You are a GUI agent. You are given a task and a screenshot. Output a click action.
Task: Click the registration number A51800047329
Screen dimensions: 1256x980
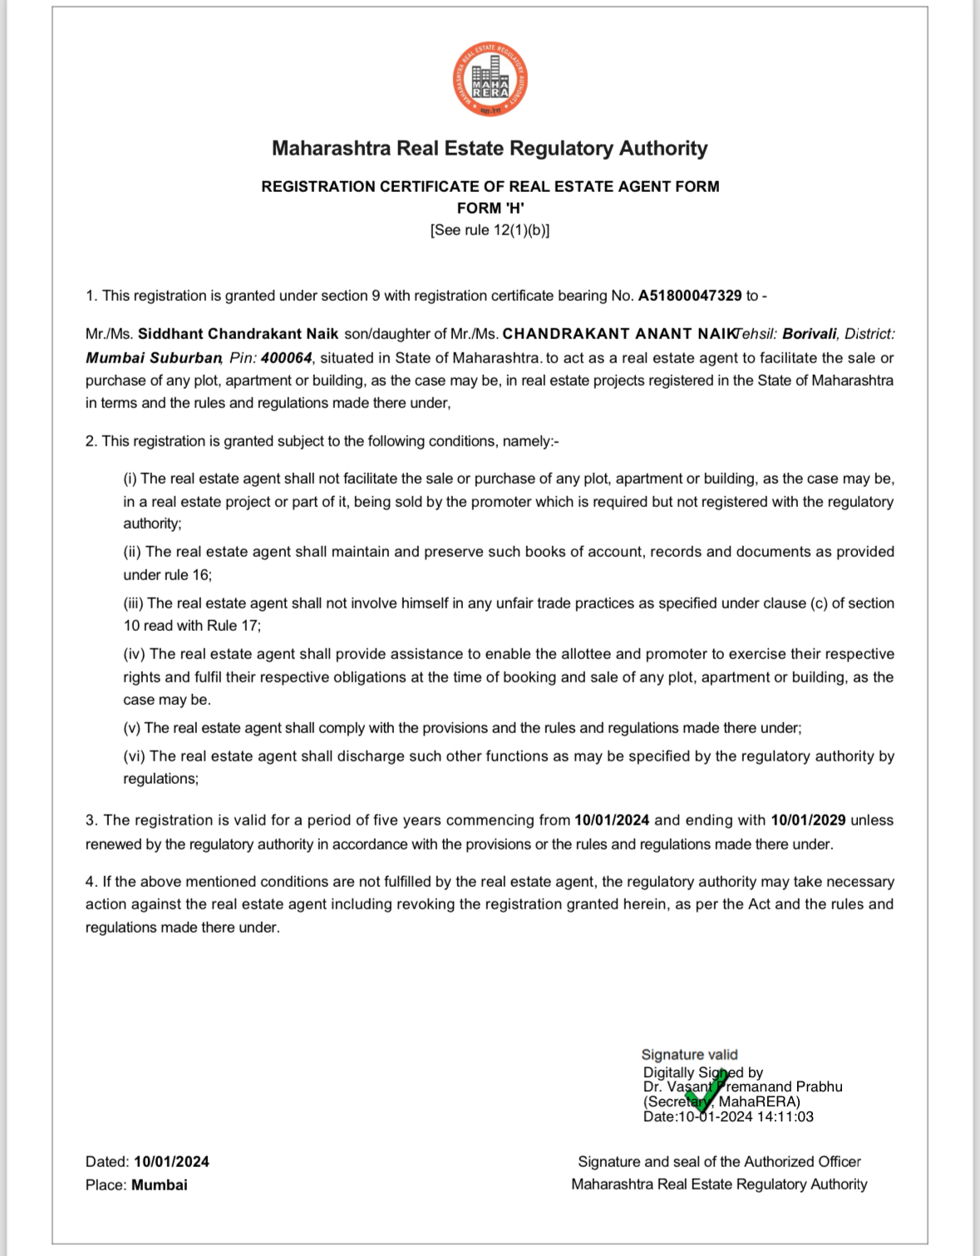point(689,296)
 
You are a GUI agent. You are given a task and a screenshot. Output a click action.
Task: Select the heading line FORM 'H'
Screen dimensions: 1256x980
point(490,208)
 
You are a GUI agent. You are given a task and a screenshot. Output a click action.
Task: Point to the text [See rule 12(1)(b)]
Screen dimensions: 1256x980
point(490,230)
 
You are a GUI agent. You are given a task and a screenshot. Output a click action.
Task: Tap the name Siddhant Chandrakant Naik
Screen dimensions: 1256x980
point(238,334)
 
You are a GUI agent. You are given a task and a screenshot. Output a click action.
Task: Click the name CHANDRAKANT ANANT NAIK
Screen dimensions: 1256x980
point(619,334)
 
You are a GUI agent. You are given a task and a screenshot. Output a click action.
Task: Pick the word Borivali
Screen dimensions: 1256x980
point(809,334)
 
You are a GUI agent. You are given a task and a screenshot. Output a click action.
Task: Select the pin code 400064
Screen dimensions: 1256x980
point(286,358)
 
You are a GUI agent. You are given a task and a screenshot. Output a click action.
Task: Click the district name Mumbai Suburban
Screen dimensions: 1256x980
point(153,358)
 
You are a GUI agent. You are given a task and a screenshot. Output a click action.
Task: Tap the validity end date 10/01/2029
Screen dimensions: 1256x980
point(808,820)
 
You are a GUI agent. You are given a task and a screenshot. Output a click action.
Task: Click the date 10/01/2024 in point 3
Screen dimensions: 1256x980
point(612,820)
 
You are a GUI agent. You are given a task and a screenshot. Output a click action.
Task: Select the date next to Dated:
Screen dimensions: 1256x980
point(171,1162)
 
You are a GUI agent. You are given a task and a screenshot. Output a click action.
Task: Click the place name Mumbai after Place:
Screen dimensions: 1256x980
point(159,1185)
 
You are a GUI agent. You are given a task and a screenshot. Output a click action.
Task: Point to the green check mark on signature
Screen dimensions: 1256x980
point(706,1090)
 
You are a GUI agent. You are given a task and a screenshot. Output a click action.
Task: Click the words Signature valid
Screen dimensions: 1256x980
point(689,1055)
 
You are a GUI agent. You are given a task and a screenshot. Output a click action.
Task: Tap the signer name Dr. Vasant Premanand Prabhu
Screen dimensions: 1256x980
point(743,1087)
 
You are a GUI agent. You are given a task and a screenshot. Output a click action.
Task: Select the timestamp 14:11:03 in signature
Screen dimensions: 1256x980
point(785,1117)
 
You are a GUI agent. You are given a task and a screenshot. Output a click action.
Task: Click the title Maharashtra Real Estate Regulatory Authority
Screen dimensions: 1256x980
point(490,149)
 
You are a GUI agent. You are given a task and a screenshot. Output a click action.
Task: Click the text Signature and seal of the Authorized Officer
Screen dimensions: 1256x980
point(719,1162)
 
